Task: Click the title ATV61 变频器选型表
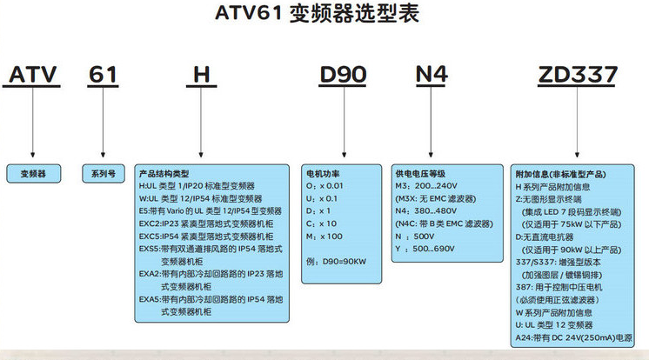click(x=317, y=13)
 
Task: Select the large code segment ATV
click(x=32, y=75)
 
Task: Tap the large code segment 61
click(x=103, y=75)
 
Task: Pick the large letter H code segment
click(x=202, y=75)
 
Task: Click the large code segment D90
click(x=343, y=75)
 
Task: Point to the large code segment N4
click(x=432, y=75)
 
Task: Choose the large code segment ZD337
click(x=578, y=75)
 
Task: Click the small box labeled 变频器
click(x=34, y=174)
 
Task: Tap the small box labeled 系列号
click(x=104, y=174)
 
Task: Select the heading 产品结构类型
click(x=164, y=174)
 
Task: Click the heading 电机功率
click(x=323, y=174)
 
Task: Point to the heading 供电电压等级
click(x=420, y=174)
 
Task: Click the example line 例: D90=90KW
click(x=336, y=262)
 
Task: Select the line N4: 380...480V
click(x=426, y=211)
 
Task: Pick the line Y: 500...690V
click(x=425, y=249)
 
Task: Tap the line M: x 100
click(x=324, y=237)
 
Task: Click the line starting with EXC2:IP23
click(x=206, y=223)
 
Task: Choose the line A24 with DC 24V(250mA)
click(x=573, y=337)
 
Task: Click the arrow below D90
click(x=344, y=122)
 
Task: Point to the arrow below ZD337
click(x=577, y=122)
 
